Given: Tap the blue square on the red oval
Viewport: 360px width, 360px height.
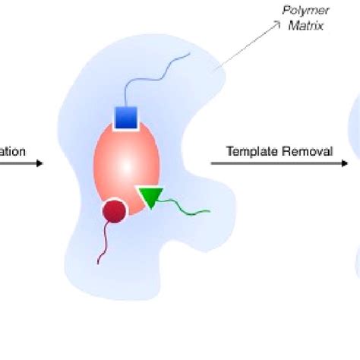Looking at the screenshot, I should [125, 118].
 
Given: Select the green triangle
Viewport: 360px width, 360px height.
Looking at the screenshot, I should [150, 197].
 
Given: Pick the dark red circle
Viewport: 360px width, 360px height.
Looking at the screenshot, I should [114, 210].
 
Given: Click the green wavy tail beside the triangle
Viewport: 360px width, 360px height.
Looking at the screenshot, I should [186, 206].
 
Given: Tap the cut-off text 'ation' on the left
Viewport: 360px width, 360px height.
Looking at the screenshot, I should [13, 151].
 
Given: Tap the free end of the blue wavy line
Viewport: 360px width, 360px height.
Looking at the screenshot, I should [188, 56].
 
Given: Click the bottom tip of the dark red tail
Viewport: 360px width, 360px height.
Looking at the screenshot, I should [98, 264].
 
